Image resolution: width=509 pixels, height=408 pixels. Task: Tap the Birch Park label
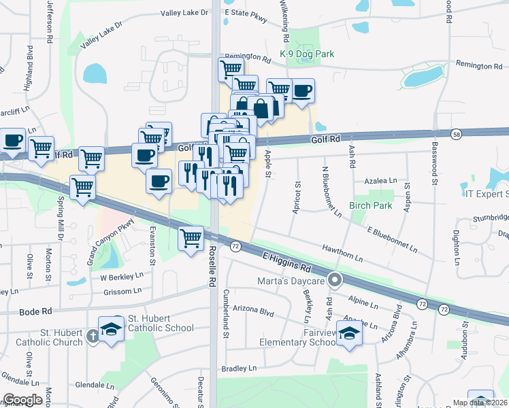pyautogui.click(x=372, y=205)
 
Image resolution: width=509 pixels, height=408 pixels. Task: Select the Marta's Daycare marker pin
pyautogui.click(x=334, y=279)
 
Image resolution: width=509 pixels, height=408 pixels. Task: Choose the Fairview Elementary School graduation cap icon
pyautogui.click(x=350, y=333)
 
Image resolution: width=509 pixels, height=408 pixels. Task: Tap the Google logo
pyautogui.click(x=23, y=400)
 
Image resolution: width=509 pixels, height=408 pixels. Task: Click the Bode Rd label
pyautogui.click(x=37, y=311)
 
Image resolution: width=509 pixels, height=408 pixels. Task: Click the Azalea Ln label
pyautogui.click(x=380, y=181)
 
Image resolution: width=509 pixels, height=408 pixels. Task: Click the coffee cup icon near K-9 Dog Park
pyautogui.click(x=302, y=90)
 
